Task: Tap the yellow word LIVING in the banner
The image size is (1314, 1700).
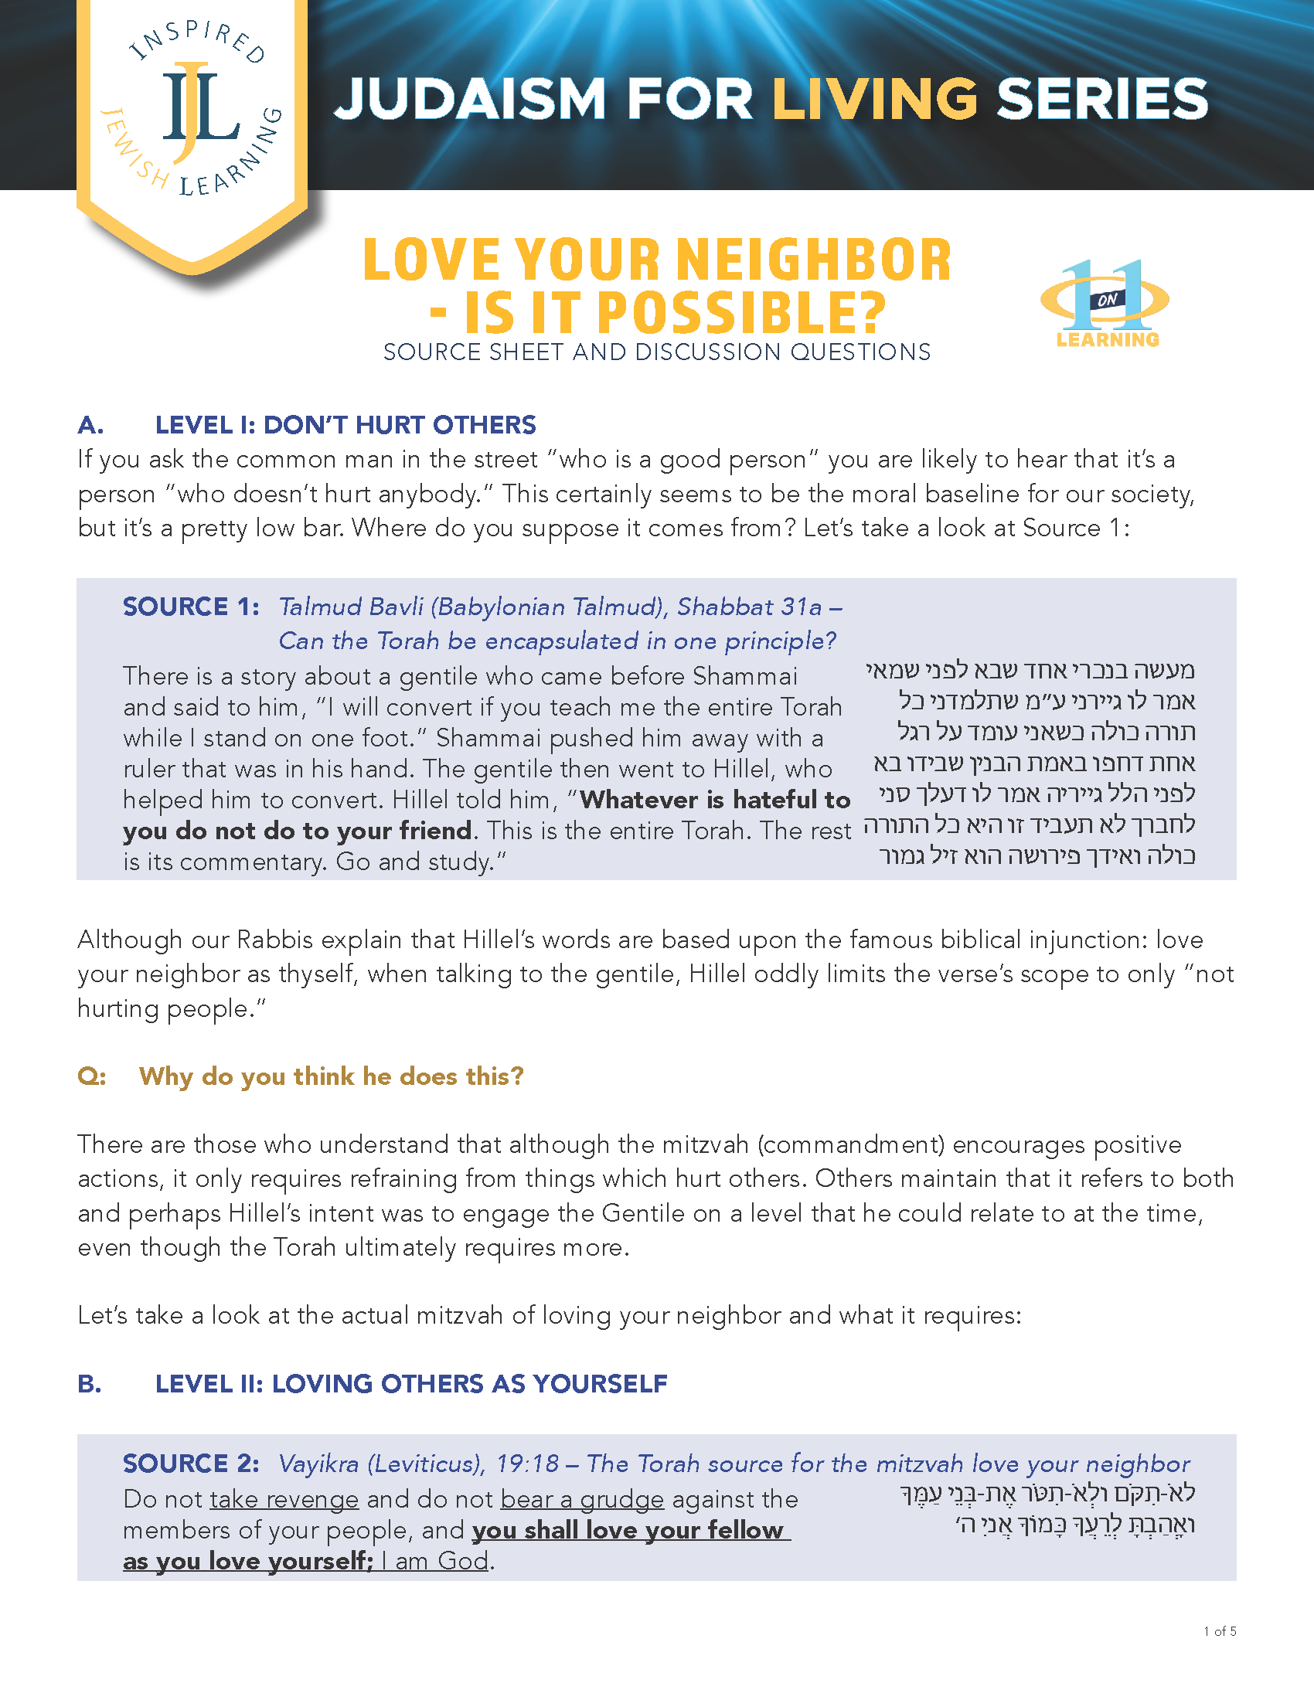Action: [x=874, y=99]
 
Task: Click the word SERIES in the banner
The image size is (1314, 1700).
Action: [x=1101, y=99]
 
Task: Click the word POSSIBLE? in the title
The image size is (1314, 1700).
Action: [x=675, y=313]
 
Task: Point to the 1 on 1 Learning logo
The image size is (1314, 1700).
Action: [x=1105, y=304]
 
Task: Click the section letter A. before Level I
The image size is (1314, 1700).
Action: [x=90, y=425]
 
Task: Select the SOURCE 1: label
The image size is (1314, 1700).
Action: [x=191, y=607]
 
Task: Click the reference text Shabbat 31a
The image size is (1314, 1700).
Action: [x=749, y=607]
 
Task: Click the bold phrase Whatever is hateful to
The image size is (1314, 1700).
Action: [x=715, y=800]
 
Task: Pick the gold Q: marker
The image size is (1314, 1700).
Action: [x=91, y=1076]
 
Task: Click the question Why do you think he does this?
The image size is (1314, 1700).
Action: [x=331, y=1076]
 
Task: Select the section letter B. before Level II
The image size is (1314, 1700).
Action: [x=90, y=1383]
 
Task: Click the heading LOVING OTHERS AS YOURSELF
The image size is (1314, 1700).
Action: [x=468, y=1383]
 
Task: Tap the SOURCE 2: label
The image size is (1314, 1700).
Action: [x=191, y=1464]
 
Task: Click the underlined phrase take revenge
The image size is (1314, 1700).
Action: [x=284, y=1499]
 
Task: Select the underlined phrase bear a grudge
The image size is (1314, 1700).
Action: [x=581, y=1499]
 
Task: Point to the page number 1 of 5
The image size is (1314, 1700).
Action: [x=1219, y=1631]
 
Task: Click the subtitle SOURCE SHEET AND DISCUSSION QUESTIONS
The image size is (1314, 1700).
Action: [x=656, y=352]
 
